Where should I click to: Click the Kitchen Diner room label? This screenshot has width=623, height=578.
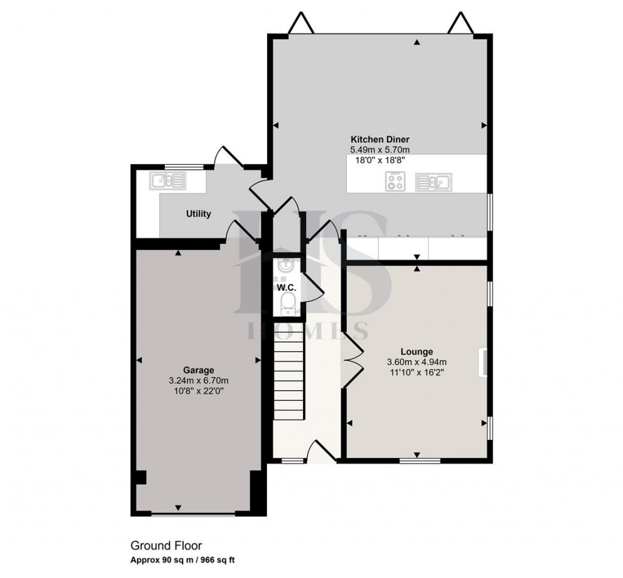point(379,139)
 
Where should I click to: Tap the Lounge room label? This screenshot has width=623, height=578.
point(417,352)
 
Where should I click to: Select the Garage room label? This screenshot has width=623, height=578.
point(198,369)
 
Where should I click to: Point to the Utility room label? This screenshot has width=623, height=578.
point(198,214)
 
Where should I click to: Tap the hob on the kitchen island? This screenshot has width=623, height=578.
point(395,181)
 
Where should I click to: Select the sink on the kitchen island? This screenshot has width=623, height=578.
point(433,181)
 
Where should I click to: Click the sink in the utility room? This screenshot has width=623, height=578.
point(167,179)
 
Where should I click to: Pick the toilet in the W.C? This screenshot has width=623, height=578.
point(287,302)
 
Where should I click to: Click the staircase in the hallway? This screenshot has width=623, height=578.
point(288,379)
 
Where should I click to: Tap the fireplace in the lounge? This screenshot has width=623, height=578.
point(484,363)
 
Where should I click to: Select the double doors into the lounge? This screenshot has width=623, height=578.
point(352,363)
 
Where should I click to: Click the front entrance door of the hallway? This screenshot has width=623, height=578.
point(323,452)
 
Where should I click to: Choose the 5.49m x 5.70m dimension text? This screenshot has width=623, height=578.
point(379,150)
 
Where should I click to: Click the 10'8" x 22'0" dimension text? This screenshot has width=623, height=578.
point(198,391)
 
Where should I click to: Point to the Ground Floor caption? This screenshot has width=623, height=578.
point(166,546)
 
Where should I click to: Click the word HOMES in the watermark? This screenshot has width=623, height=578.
point(307,332)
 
